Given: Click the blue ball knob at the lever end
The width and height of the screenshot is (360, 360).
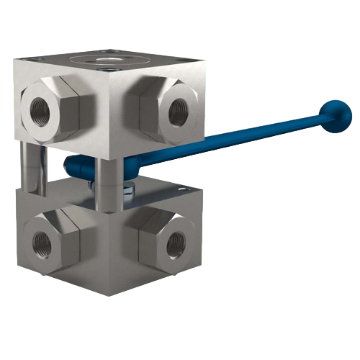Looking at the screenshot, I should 333,113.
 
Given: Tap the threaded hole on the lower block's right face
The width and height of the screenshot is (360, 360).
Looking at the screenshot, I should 176,246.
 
